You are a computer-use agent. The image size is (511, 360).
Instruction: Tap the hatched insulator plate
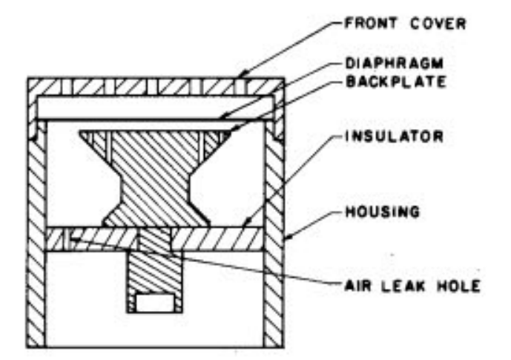(x=208, y=238)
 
